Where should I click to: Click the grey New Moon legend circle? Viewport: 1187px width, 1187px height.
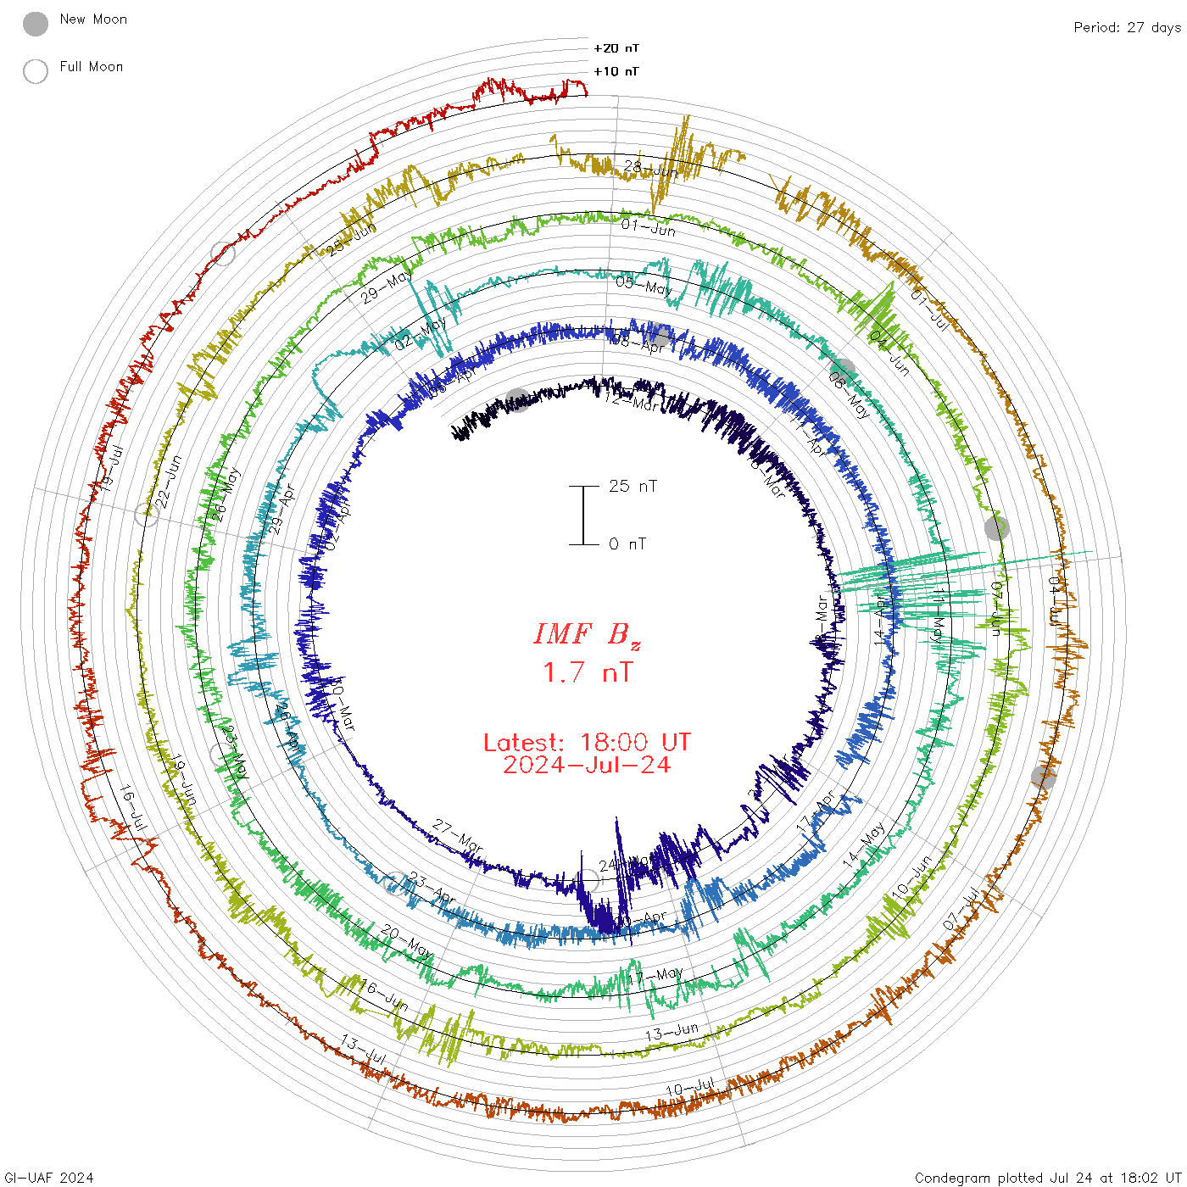[x=36, y=25]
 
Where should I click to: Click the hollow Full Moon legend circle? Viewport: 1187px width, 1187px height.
[x=36, y=71]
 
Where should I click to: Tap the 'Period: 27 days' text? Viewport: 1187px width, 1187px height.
[x=1127, y=27]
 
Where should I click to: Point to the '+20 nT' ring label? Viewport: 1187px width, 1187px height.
[x=616, y=48]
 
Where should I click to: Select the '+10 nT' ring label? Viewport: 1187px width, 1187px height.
[x=616, y=71]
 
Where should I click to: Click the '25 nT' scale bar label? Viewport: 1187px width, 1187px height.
[x=633, y=486]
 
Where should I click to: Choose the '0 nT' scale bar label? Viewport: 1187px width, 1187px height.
[x=627, y=543]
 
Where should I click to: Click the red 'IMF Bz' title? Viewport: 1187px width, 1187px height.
[x=587, y=634]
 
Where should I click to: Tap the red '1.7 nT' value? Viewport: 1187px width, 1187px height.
[x=587, y=672]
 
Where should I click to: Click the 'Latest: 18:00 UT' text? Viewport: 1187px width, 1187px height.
[x=587, y=743]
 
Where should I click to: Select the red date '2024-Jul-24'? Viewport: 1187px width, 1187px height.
[x=587, y=765]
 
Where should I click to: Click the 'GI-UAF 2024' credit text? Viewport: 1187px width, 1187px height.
[x=48, y=1178]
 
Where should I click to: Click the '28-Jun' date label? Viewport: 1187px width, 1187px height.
[x=651, y=168]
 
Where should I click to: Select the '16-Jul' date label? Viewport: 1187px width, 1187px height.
[x=133, y=808]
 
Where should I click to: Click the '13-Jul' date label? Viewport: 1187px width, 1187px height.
[x=364, y=1050]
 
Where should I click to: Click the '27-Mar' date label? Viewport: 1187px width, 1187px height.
[x=458, y=835]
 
